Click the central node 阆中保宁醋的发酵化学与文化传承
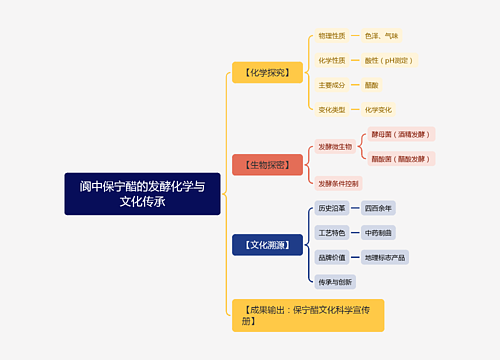tap(142, 193)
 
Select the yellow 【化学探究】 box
tap(267, 72)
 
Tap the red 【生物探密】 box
tap(267, 164)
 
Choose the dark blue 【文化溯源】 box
tap(267, 244)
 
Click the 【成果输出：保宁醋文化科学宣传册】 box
tap(307, 315)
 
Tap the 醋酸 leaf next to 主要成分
tap(371, 85)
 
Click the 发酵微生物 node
tap(335, 146)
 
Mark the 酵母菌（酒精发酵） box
tap(401, 134)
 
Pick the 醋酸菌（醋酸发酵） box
tap(401, 159)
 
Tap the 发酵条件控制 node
tap(338, 183)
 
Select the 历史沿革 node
tap(331, 208)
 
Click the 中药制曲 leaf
tap(378, 232)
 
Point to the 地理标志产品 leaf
tap(385, 257)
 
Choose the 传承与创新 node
tap(335, 281)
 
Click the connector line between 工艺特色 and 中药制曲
tap(354, 232)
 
